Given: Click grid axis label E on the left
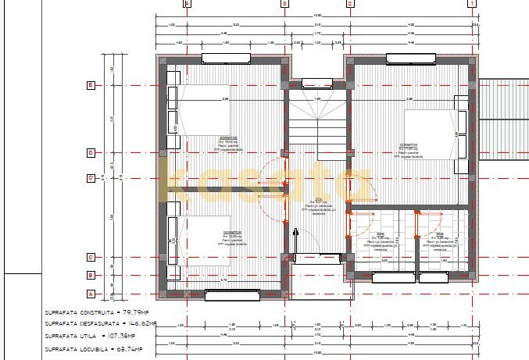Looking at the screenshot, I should (x=91, y=85).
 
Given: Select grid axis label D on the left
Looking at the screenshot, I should (x=91, y=152).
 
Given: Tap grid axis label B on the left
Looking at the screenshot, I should (x=91, y=275).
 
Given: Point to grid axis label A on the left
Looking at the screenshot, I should (x=91, y=294).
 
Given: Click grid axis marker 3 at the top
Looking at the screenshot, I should (x=284, y=3).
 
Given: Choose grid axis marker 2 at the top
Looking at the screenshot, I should (x=349, y=3).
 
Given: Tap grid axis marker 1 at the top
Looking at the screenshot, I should (x=472, y=3).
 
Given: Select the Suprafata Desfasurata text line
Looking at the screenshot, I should (x=101, y=323).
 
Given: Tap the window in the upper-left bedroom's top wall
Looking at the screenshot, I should (x=226, y=58).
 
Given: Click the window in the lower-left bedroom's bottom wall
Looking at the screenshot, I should (x=232, y=294).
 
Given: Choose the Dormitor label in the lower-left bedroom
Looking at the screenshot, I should (x=231, y=233).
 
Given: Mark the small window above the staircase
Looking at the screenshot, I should (x=317, y=84).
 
